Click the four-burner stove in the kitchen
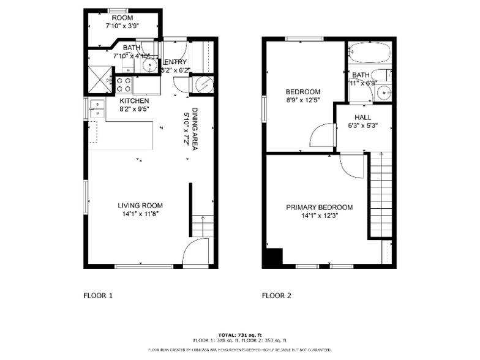(x=123, y=84)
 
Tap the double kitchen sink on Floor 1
(x=97, y=108)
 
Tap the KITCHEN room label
(x=134, y=101)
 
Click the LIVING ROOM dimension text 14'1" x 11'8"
(x=141, y=214)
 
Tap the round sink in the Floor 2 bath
(x=384, y=92)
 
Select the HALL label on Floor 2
(x=362, y=118)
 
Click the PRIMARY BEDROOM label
(x=319, y=208)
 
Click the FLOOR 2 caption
(x=276, y=296)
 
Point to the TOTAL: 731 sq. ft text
(x=239, y=335)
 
